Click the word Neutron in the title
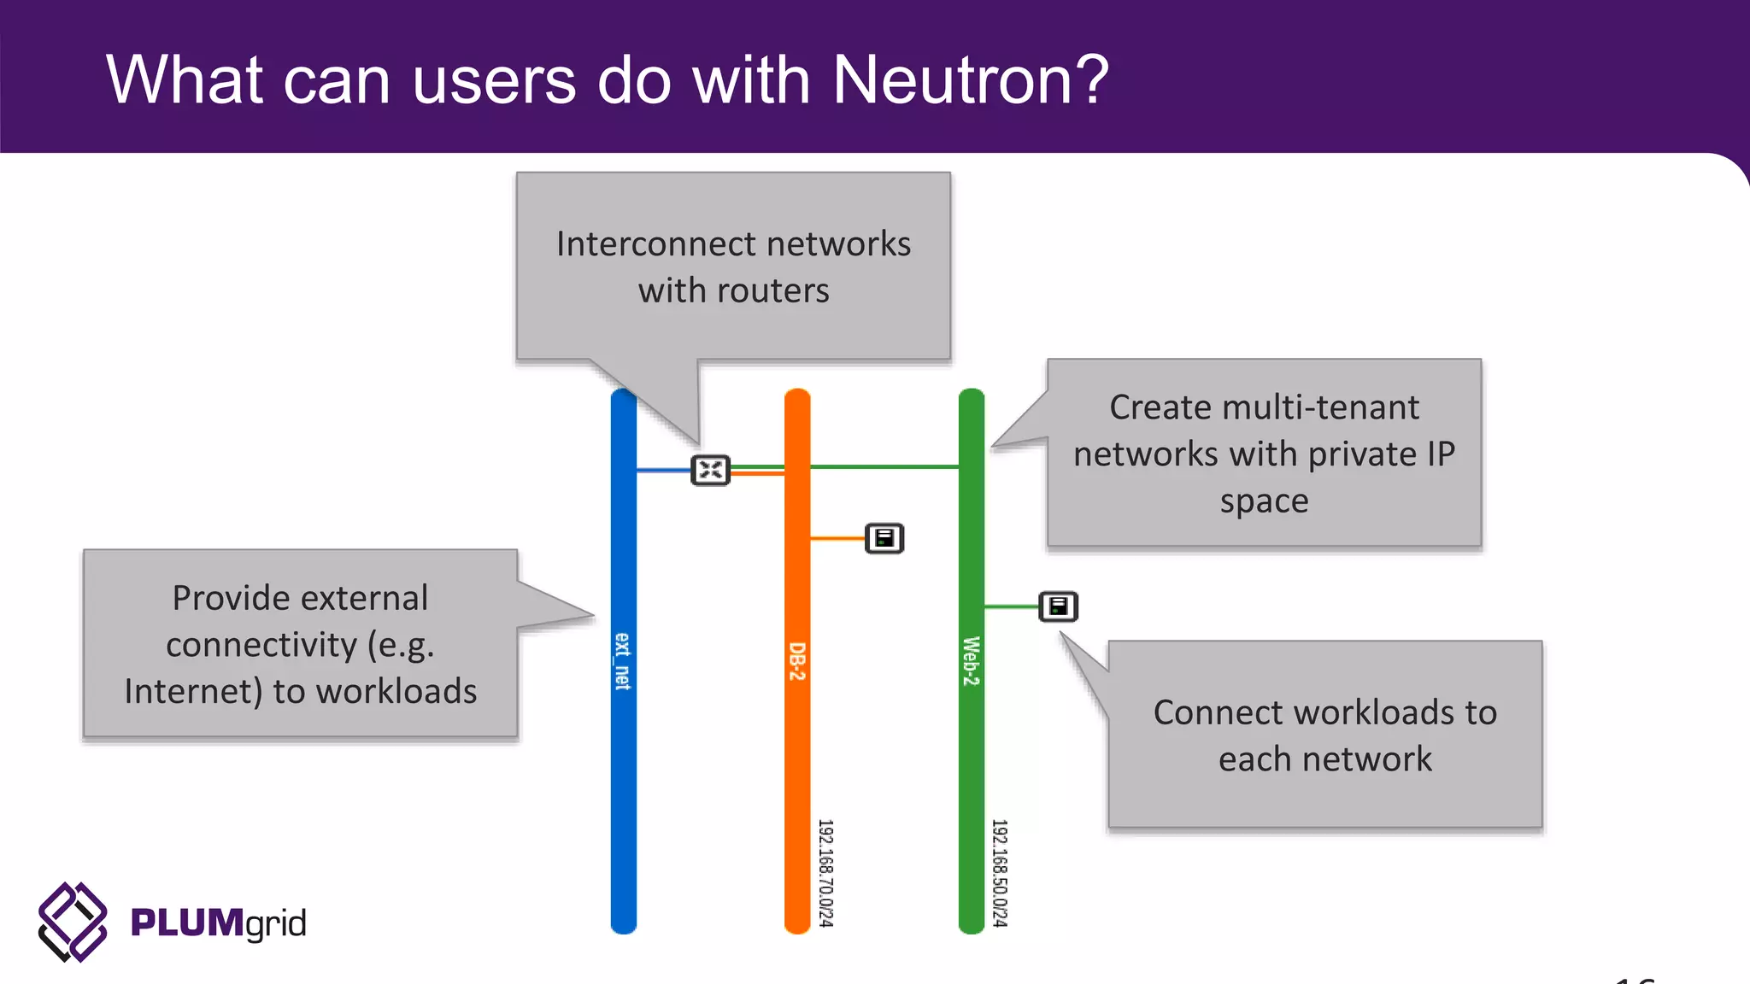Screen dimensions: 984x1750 coord(970,79)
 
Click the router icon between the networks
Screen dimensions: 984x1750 coord(710,470)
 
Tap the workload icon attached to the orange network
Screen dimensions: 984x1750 coord(884,538)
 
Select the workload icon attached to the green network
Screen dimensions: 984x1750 coord(1058,606)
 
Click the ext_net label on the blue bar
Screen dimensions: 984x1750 coord(623,661)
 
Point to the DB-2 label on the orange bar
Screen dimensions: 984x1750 coord(796,661)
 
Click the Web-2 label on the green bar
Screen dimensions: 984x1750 coord(971,661)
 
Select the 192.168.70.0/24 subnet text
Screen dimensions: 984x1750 coord(825,872)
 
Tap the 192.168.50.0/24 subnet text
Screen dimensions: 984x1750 coord(999,872)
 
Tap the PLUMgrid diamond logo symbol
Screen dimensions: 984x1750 coord(73,922)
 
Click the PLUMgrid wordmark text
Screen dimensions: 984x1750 coord(218,923)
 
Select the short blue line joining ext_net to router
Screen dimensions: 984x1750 coord(663,470)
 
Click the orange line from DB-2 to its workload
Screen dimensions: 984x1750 coord(837,538)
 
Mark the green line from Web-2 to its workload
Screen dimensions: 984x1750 coord(1011,606)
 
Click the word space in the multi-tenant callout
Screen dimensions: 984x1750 coord(1264,501)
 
